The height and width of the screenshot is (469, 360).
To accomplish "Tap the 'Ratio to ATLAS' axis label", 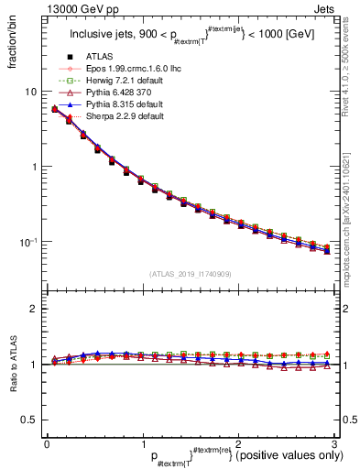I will [x=12, y=365].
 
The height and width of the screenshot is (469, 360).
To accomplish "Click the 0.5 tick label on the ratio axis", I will [x=29, y=420].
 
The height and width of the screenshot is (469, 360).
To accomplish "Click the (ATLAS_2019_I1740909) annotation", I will [x=188, y=274].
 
